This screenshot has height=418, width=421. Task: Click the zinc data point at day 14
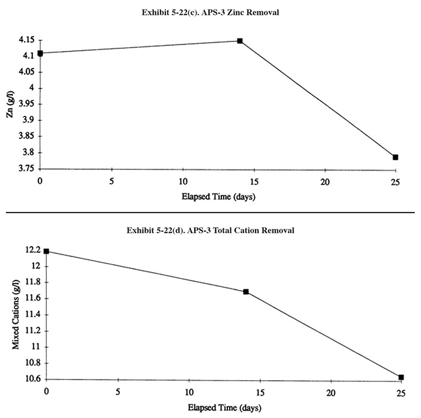tap(239, 41)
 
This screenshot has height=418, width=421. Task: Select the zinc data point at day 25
tap(395, 157)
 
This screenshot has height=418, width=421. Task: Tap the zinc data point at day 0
tap(40, 53)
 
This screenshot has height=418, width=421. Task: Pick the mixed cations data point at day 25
tap(401, 377)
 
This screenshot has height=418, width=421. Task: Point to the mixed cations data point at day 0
tap(46, 251)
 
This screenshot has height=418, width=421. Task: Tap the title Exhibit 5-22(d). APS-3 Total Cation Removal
tap(210, 231)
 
